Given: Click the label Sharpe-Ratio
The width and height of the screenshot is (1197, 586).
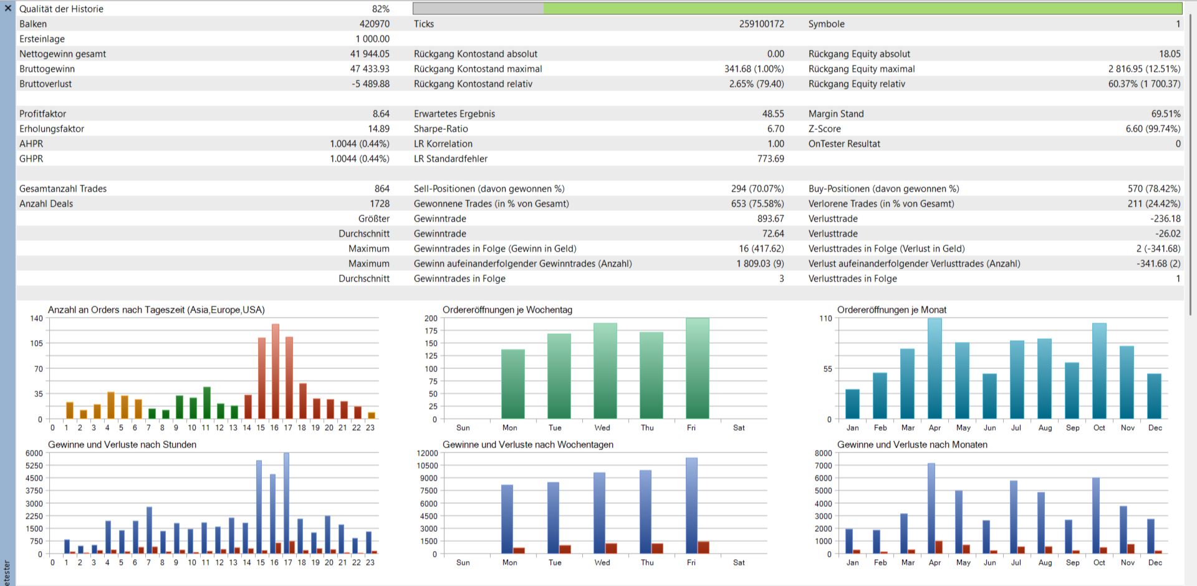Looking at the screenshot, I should (x=440, y=129).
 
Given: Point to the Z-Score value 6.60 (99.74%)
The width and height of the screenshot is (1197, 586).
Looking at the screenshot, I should (x=1153, y=129).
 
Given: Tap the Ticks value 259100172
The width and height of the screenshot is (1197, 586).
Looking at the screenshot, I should (x=761, y=24).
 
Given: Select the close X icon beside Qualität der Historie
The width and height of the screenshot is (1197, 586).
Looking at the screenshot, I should (x=8, y=8).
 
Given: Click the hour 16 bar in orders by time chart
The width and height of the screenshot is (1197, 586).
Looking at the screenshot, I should (x=275, y=371).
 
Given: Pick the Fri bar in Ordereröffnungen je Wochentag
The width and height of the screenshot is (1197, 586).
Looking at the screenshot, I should (x=697, y=368).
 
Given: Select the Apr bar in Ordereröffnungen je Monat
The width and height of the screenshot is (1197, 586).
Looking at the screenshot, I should (x=935, y=368).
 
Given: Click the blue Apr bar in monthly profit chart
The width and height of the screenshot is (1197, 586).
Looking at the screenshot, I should (x=931, y=509).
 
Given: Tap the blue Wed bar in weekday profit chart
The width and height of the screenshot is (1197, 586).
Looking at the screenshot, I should (x=599, y=513).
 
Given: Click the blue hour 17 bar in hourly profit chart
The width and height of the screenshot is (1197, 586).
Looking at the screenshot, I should (x=286, y=503).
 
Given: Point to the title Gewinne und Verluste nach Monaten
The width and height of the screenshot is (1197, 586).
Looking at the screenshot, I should (x=911, y=444).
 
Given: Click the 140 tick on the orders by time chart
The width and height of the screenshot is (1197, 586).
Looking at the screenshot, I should (x=36, y=318).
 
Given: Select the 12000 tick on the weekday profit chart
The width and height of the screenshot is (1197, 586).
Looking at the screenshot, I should (x=427, y=453).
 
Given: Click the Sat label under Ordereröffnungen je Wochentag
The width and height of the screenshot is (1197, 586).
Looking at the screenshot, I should (x=738, y=427).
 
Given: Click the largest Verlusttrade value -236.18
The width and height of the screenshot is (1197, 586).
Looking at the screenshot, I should (x=1165, y=218).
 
